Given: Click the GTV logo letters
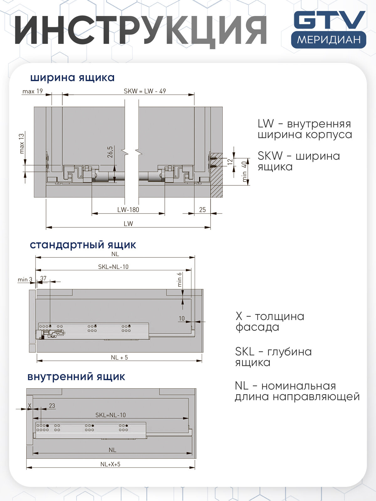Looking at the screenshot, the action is point(329,20).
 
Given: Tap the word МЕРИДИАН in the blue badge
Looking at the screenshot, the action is point(329,40).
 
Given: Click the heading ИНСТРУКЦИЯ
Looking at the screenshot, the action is point(141,30).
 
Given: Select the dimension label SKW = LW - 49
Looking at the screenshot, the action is point(145,91).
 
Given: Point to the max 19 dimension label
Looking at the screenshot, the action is point(32,91).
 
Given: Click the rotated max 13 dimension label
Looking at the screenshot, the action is point(22,143).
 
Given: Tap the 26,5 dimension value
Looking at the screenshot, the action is point(110,152).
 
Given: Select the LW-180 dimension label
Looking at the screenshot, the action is point(128,210).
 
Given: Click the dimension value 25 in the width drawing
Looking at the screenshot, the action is point(202,210).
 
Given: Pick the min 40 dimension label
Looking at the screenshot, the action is point(244,172).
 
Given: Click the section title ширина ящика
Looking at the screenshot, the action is point(72,77).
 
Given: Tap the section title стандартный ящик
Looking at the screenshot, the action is point(83,245).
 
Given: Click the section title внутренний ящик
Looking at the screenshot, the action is point(76,376).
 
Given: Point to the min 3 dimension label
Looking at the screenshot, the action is point(25,279).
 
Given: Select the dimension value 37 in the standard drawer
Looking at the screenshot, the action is point(43,278).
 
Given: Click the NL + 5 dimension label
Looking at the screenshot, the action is point(119,358).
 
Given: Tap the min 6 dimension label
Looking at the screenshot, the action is point(180,280).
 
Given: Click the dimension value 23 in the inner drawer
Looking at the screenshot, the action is point(52,406).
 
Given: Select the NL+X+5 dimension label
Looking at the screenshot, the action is point(110,464).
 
